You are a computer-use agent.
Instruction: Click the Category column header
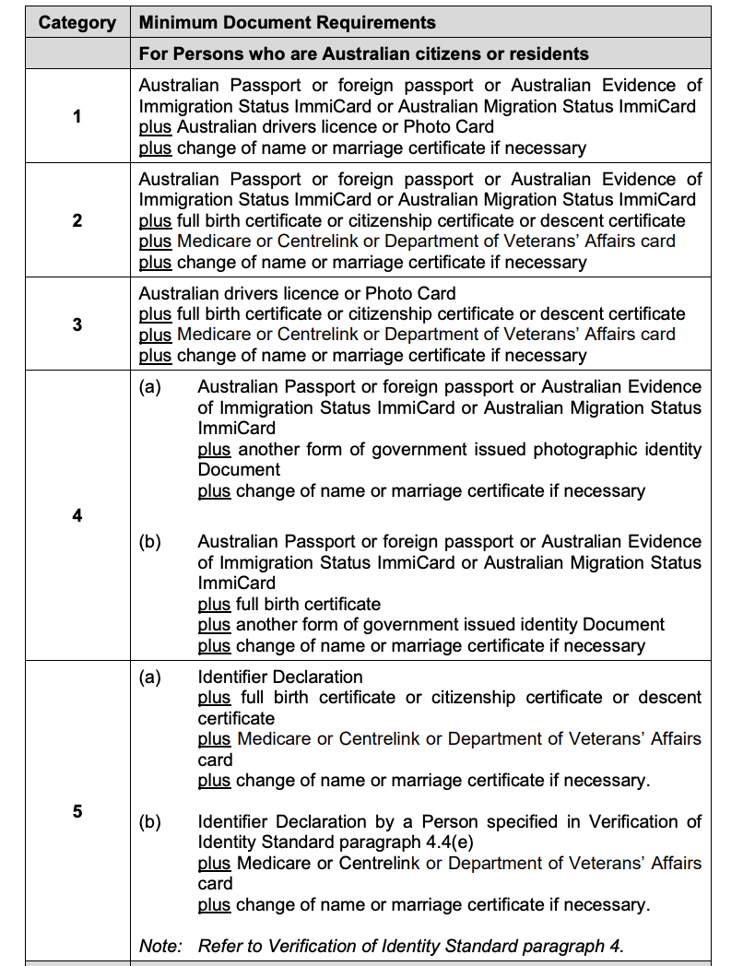pos(77,22)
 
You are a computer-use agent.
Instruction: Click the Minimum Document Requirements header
pos(288,22)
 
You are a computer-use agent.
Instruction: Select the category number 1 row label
pos(77,116)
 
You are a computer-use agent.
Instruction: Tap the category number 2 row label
pos(77,220)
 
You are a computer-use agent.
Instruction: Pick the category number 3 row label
pos(77,324)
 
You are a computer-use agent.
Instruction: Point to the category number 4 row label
pos(77,515)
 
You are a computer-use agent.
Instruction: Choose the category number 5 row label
pos(77,811)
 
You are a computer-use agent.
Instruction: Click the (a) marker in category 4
pos(149,387)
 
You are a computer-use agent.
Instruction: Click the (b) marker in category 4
pos(149,542)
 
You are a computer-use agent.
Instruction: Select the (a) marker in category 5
pos(149,677)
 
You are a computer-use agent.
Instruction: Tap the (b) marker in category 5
pos(149,821)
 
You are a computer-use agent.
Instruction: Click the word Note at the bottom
pos(160,945)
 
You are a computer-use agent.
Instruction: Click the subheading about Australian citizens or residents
pos(364,53)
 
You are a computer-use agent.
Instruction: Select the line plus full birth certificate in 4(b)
pos(289,605)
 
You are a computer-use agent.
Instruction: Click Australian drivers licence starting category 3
pos(233,293)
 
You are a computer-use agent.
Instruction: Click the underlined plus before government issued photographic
pos(214,449)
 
